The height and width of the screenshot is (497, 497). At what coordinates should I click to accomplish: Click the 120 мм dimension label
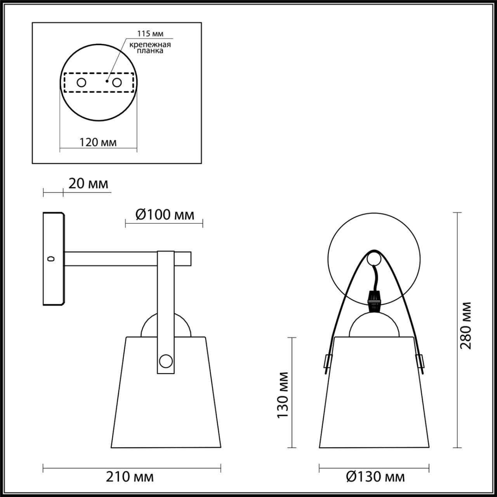[x=98, y=142]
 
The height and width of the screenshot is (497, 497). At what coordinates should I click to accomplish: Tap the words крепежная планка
[x=150, y=48]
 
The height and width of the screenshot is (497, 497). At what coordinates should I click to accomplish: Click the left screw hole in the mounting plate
[x=82, y=82]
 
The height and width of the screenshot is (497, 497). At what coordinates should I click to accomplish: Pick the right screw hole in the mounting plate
[x=116, y=82]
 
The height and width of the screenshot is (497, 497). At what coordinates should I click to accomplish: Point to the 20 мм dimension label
[x=88, y=183]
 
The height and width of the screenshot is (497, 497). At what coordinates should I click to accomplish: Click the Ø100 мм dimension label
[x=165, y=214]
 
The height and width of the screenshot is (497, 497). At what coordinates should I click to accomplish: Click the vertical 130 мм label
[x=283, y=395]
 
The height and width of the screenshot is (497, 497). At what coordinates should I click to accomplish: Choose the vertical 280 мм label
[x=466, y=325]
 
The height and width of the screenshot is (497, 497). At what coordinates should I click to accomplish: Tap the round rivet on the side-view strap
[x=166, y=360]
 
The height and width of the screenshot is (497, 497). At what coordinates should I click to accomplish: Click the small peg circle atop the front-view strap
[x=374, y=258]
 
